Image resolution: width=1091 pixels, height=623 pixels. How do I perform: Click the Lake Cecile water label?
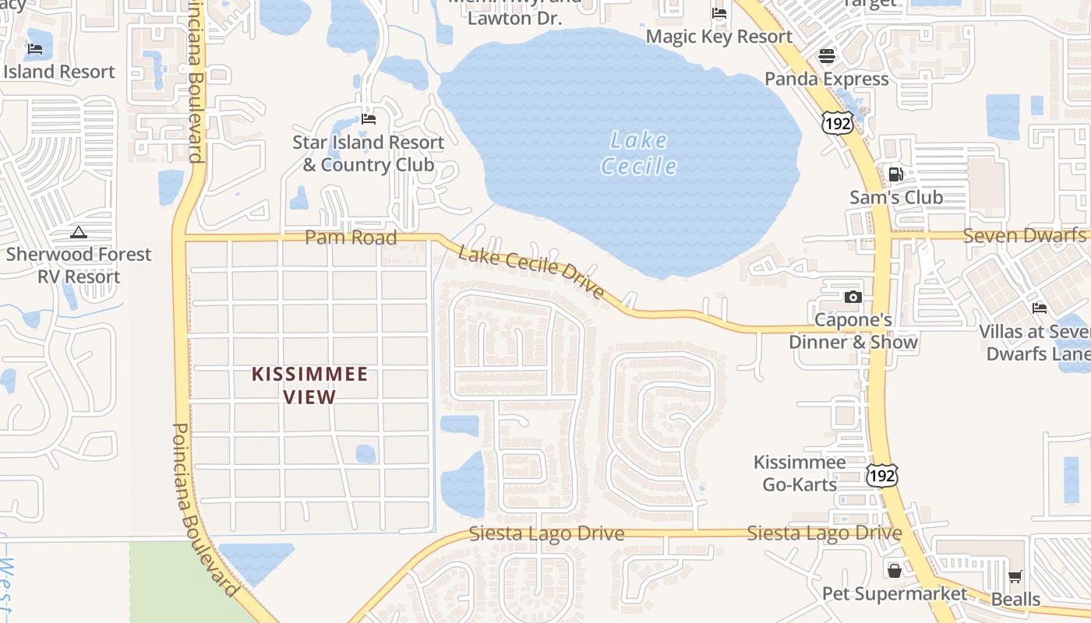(x=639, y=153)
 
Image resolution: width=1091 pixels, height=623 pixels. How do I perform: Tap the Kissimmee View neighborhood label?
(x=309, y=385)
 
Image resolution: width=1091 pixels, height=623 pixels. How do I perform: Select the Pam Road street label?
(x=351, y=238)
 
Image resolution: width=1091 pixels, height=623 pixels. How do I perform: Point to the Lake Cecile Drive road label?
(x=531, y=272)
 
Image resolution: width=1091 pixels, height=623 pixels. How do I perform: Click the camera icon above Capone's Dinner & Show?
(x=853, y=297)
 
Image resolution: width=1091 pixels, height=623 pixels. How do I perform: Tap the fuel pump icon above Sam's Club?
(x=896, y=174)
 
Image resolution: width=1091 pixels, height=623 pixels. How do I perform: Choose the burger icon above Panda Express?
(x=827, y=56)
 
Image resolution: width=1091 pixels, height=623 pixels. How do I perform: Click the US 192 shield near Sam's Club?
(x=837, y=122)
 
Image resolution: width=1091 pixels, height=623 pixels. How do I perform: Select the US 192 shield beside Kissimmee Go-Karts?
(x=881, y=474)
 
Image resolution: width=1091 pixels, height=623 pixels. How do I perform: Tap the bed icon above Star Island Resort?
(x=369, y=119)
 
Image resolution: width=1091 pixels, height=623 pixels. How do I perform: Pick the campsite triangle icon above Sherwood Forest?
(x=79, y=232)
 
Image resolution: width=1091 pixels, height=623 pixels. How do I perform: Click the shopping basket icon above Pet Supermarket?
(x=894, y=571)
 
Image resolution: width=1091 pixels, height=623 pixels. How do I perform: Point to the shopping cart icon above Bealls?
(x=1015, y=577)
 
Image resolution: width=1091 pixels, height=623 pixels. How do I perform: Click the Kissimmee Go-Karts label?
(x=800, y=473)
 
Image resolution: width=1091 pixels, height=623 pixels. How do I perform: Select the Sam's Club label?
(x=896, y=198)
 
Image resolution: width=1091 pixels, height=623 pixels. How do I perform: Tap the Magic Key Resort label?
(x=719, y=37)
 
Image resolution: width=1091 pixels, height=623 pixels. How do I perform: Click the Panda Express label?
(x=827, y=79)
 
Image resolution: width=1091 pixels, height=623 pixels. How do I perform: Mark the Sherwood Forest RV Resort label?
(x=79, y=266)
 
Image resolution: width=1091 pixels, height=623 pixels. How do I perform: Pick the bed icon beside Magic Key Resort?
(x=719, y=13)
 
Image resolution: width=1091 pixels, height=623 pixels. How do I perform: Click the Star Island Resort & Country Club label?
(x=369, y=153)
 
